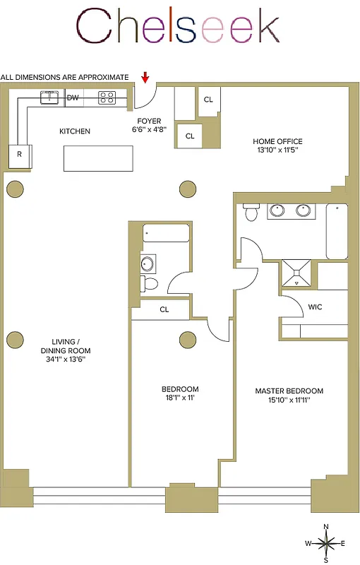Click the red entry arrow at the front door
click(x=146, y=77)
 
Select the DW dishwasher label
click(x=73, y=97)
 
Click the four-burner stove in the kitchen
click(x=107, y=97)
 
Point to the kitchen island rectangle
click(x=98, y=157)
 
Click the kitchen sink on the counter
click(x=49, y=97)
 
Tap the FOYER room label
click(x=150, y=120)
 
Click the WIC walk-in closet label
click(x=316, y=307)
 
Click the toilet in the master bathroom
click(x=251, y=212)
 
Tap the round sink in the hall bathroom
click(x=148, y=265)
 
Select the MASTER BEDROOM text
click(x=289, y=391)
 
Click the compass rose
click(x=325, y=543)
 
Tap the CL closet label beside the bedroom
click(x=164, y=309)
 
